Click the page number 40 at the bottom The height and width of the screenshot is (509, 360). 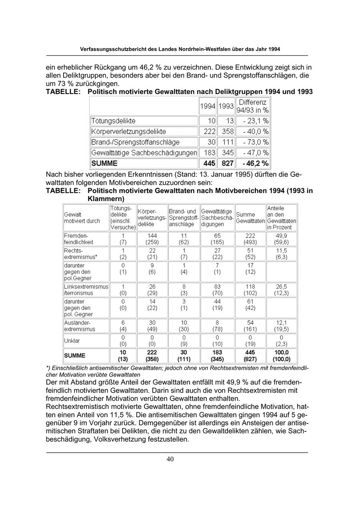[x=170, y=459]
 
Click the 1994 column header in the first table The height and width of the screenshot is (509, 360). [x=208, y=106]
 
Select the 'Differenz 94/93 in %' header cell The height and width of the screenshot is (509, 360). [x=252, y=106]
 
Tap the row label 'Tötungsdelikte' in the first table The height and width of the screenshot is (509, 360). [x=114, y=121]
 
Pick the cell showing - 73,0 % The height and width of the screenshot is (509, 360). [x=252, y=142]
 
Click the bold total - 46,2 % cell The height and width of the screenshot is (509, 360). [x=252, y=164]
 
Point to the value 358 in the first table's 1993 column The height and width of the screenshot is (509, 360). [x=226, y=132]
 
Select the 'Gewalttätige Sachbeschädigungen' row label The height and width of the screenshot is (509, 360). [x=144, y=153]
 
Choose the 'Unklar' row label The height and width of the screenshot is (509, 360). [x=72, y=341]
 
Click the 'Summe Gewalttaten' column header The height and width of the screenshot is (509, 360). [x=250, y=218]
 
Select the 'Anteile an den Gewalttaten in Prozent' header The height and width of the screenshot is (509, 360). [x=281, y=218]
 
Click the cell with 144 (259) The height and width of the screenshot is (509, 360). [x=152, y=239]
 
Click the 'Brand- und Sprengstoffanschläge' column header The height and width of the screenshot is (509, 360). [x=183, y=218]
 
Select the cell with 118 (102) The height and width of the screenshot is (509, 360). [x=250, y=290]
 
